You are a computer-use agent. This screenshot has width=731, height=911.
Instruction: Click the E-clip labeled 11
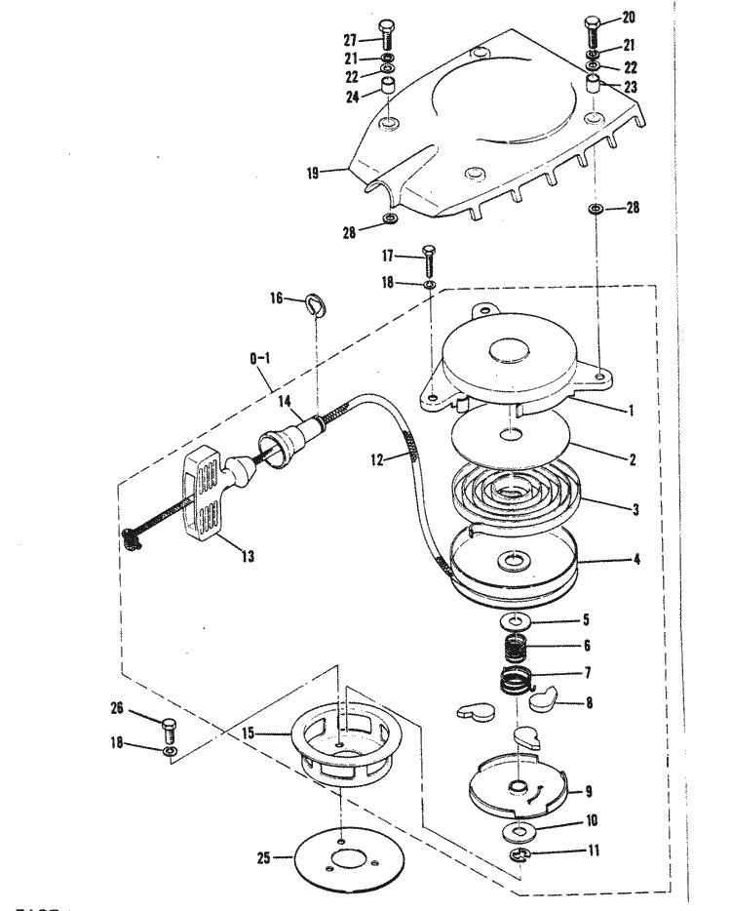520,855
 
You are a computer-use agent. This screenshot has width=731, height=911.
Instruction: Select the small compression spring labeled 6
518,647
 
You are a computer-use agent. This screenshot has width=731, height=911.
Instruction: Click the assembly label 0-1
261,359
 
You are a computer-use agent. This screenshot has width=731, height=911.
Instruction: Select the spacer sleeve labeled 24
390,95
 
